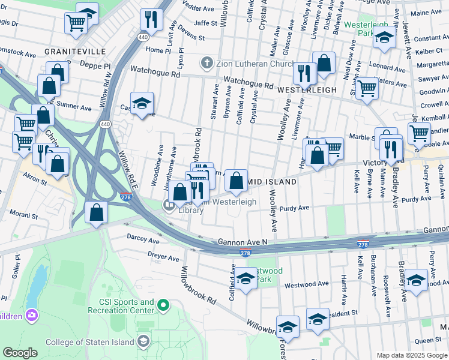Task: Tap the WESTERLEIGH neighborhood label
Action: pos(306,88)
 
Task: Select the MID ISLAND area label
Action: pos(272,181)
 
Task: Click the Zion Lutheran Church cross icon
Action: pos(207,62)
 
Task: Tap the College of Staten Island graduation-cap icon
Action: pos(143,341)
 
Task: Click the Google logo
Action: pos(20,353)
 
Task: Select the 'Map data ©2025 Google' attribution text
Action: pos(412,355)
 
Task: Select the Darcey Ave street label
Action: pos(143,239)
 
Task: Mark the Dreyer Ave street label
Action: pos(163,258)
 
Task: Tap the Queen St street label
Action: pos(428,341)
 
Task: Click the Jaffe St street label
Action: pos(205,23)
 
